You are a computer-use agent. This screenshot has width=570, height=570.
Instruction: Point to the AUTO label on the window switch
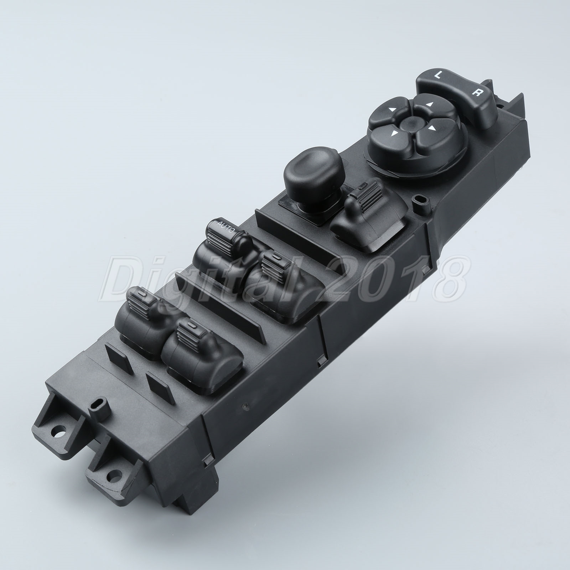point(225,226)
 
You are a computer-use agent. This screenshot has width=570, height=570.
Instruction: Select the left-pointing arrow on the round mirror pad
point(391,110)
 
